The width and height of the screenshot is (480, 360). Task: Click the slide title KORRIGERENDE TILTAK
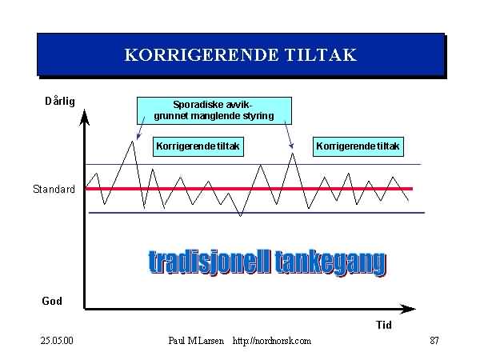(241, 55)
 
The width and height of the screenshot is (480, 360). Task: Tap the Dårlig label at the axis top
(60, 101)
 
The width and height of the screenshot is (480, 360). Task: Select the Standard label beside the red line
(54, 189)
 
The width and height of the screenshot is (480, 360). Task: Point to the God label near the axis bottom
(52, 301)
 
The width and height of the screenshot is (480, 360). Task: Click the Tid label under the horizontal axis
(384, 325)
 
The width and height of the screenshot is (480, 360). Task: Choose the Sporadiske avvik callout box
(214, 110)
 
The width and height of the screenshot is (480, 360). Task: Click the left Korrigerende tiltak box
(198, 146)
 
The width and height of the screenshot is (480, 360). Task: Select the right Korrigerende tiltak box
(358, 146)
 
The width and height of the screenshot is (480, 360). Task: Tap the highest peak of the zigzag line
(132, 142)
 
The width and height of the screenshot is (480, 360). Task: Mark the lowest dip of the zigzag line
(241, 216)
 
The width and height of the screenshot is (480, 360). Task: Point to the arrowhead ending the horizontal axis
(408, 309)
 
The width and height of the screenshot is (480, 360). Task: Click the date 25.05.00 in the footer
(57, 341)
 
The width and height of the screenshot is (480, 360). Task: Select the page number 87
(434, 341)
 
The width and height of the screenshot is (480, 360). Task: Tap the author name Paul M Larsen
(196, 341)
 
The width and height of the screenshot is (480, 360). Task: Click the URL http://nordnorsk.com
(272, 341)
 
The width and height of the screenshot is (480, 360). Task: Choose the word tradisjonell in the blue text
(210, 262)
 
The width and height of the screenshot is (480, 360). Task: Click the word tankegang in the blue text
(330, 263)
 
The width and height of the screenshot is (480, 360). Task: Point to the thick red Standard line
(249, 189)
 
